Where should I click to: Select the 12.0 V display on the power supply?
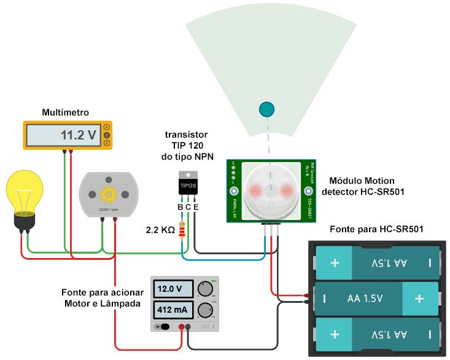[174, 289]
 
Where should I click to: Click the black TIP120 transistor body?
[188, 184]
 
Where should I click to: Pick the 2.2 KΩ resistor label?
[160, 231]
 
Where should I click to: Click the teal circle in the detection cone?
[266, 109]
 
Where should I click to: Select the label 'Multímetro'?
[66, 112]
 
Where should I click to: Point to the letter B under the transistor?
[180, 207]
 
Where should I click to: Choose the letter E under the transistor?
[196, 207]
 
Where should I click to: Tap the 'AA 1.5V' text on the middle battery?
[365, 299]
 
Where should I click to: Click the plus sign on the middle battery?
[419, 299]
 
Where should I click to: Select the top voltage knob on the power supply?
[206, 289]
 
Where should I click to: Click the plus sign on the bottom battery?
[335, 335]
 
